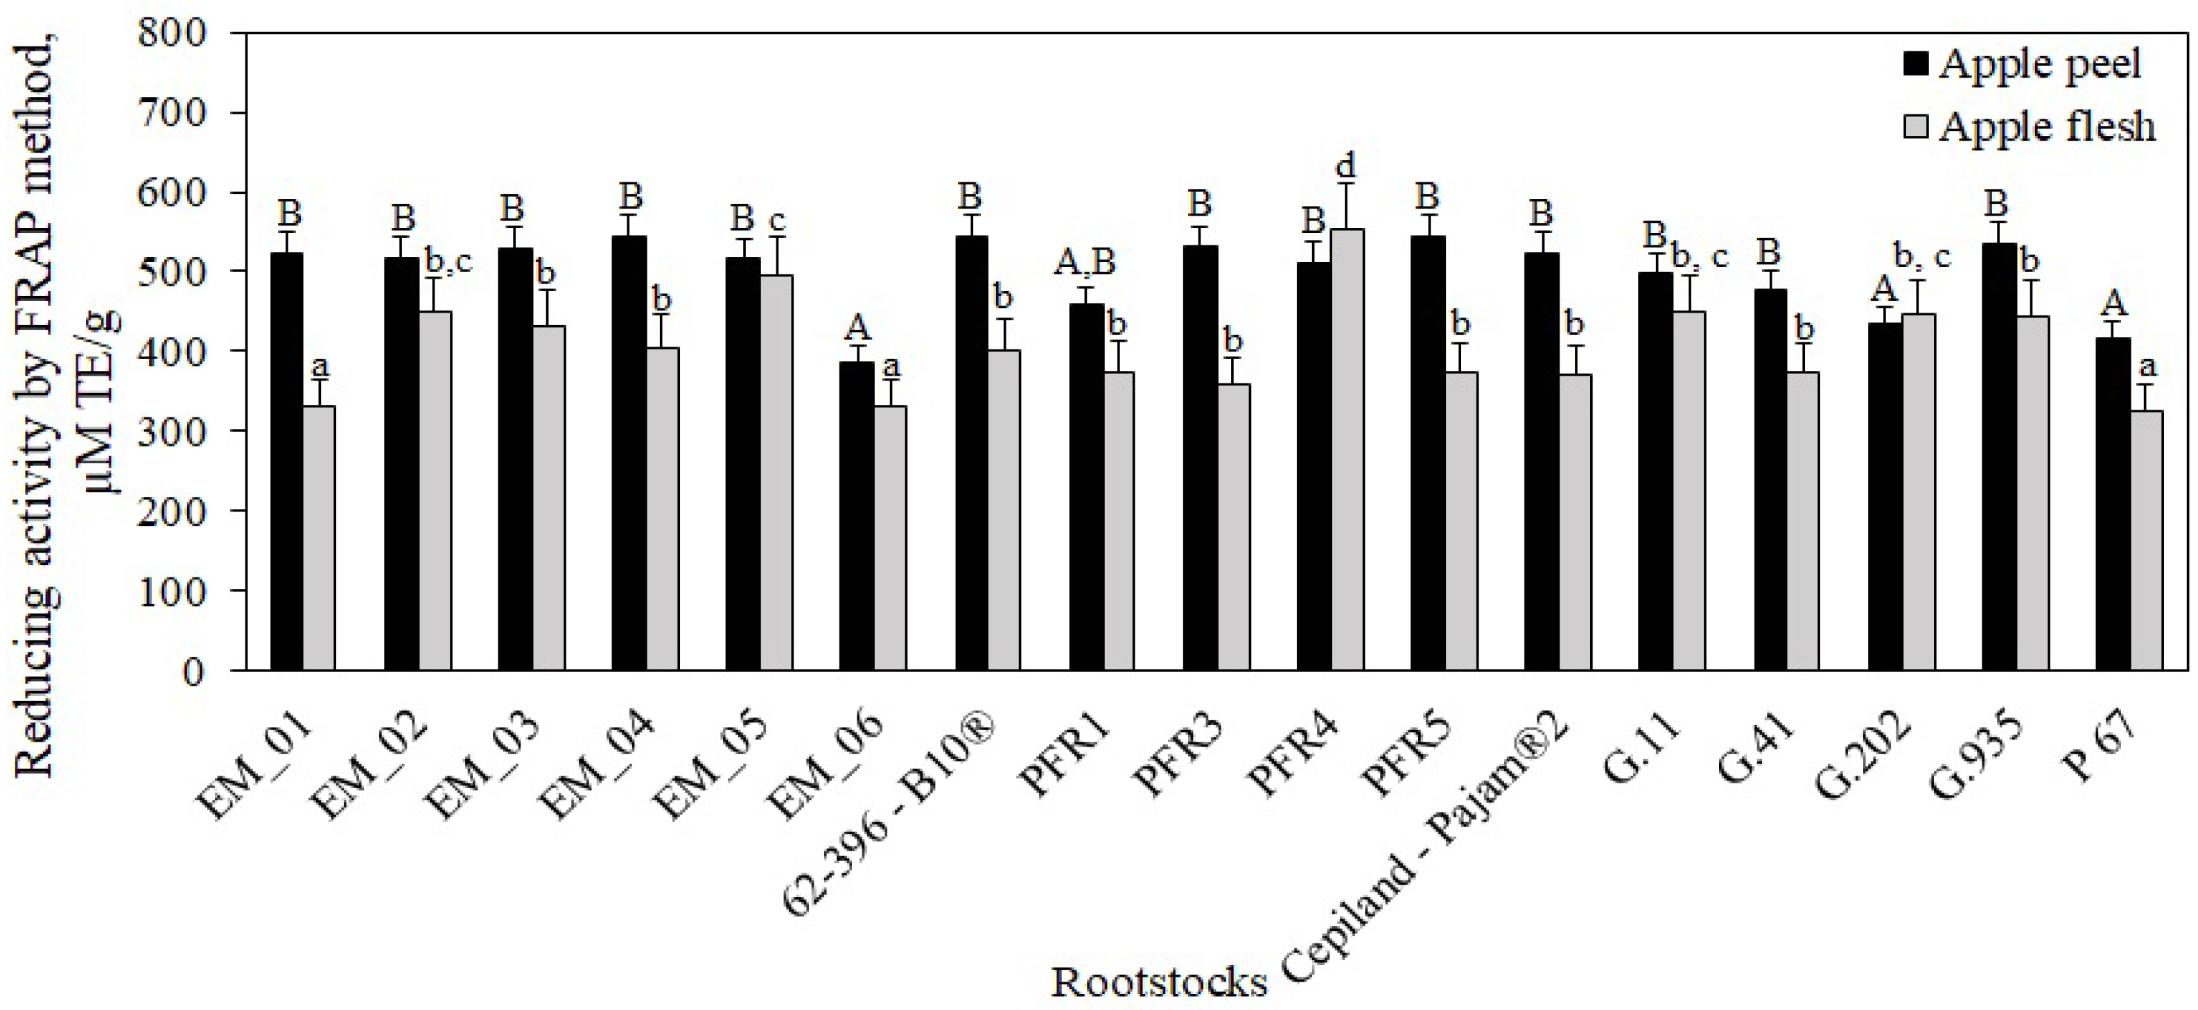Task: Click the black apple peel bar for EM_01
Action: (x=287, y=461)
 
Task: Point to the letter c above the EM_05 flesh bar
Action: (x=776, y=220)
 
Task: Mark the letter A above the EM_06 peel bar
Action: (x=857, y=326)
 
